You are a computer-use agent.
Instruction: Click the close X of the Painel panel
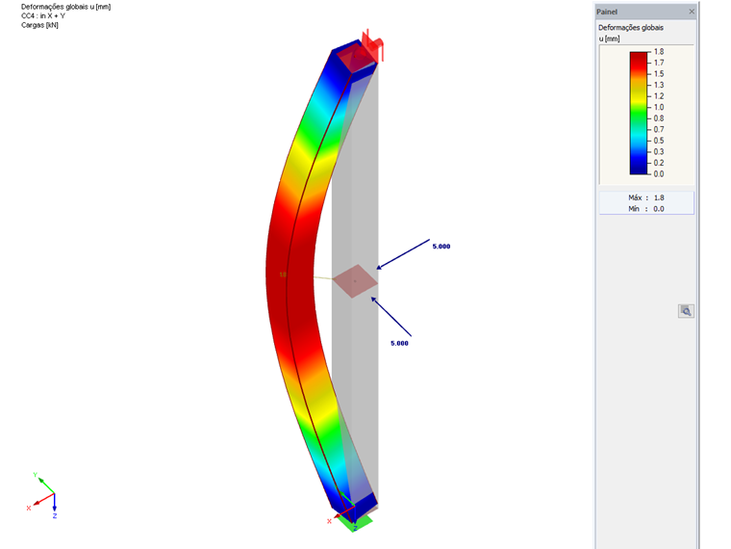coord(692,12)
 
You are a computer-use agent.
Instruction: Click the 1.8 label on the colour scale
coord(659,52)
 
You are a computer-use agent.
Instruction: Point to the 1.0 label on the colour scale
coord(659,107)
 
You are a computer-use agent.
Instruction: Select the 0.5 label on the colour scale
coord(659,141)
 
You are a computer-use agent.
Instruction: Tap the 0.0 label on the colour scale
coord(659,174)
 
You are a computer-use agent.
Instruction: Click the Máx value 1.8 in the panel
coord(659,198)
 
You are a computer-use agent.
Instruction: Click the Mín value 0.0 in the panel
coord(659,209)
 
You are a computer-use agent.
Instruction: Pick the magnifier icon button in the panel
coord(686,311)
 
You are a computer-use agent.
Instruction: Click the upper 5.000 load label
coord(441,247)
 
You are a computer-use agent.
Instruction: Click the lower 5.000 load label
coord(399,343)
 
